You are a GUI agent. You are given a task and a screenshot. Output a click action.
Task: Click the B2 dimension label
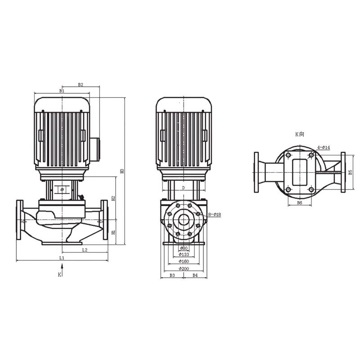pos(81,84)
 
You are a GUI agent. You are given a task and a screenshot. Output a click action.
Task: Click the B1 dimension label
pos(62,91)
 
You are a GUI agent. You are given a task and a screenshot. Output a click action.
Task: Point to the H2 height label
pos(114,198)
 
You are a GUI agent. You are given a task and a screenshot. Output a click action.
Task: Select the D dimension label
pos(183,187)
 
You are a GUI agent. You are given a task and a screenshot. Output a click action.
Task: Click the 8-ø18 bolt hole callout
pos(214,215)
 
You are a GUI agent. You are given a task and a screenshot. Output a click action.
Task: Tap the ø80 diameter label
pos(183,248)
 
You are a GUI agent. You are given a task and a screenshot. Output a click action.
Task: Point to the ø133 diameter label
pos(183,255)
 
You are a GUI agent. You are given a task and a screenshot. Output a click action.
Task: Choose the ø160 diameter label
pos(183,261)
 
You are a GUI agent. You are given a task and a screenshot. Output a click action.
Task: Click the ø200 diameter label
pos(183,268)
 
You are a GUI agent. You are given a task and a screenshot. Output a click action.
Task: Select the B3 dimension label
pos(172,274)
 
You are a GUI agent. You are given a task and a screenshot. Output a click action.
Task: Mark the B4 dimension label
pos(195,274)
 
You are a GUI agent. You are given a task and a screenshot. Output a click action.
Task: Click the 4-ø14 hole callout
pos(324,148)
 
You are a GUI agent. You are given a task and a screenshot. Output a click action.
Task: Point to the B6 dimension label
pos(299,203)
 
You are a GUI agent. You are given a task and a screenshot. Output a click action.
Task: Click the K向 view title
pos(300,134)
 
